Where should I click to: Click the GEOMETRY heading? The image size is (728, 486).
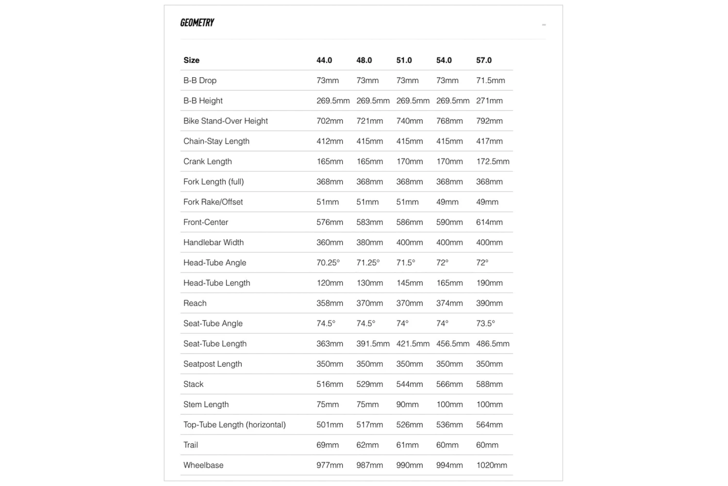(197, 23)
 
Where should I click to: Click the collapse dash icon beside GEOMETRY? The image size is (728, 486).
(544, 25)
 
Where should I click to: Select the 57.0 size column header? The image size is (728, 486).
(484, 60)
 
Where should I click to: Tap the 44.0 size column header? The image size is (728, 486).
(324, 60)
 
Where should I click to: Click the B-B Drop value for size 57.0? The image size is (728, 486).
(490, 81)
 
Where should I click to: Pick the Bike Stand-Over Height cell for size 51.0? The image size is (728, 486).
(409, 121)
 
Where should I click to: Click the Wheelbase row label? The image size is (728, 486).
(203, 465)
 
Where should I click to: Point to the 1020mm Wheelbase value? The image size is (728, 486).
(492, 465)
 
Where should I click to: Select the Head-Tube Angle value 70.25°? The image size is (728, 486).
(328, 263)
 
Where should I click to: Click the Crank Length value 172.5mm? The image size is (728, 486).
(493, 161)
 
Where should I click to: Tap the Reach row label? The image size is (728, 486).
(195, 303)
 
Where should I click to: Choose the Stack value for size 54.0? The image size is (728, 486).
(449, 384)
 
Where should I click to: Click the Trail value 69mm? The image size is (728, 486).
(328, 445)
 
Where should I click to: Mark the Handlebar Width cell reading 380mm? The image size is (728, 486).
(369, 243)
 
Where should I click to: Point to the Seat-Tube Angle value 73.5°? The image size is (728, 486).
(485, 324)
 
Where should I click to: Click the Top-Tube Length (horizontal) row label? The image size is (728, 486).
(234, 425)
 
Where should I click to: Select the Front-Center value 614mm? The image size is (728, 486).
(489, 222)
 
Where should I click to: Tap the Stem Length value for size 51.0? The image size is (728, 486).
(407, 404)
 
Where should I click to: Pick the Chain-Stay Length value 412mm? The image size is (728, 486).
(330, 141)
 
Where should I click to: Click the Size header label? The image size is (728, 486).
(191, 60)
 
